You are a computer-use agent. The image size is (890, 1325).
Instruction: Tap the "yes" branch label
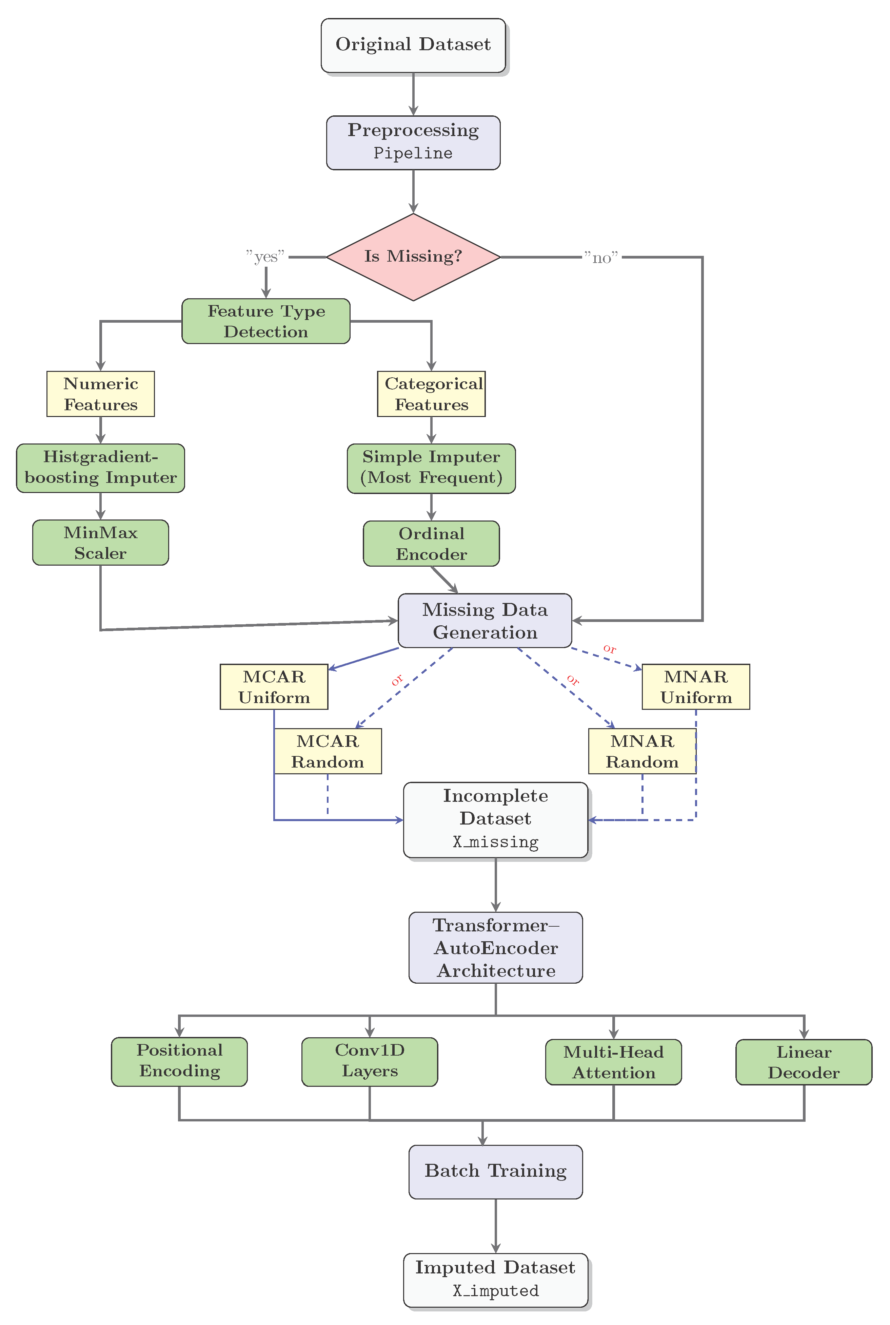coord(265,257)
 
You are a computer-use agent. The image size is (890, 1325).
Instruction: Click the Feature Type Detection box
coord(265,321)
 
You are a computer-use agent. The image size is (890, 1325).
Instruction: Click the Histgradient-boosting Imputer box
coord(100,468)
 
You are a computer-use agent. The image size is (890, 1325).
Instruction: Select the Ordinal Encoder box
coord(431,544)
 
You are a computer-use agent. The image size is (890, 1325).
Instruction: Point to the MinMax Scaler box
coord(100,542)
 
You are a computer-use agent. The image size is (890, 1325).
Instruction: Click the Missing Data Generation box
coord(485,620)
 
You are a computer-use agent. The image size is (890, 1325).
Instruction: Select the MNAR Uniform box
coord(696,687)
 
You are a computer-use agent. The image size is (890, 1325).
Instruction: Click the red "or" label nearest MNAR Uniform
coord(609,648)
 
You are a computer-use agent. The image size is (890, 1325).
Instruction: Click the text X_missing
coord(495,842)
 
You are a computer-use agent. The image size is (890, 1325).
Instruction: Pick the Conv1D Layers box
coord(370,1061)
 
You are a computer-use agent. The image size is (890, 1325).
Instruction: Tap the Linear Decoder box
coord(804,1062)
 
